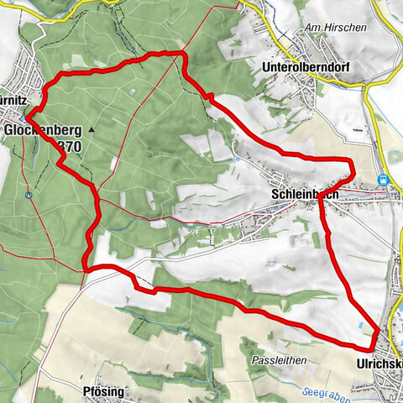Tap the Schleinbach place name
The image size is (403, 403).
click(x=305, y=194)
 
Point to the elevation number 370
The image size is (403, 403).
click(x=68, y=146)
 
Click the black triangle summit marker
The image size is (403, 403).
click(x=90, y=130)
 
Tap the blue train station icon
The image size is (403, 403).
click(x=385, y=179)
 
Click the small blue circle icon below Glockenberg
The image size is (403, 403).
click(x=29, y=196)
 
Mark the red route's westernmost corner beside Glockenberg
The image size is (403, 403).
click(x=26, y=118)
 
